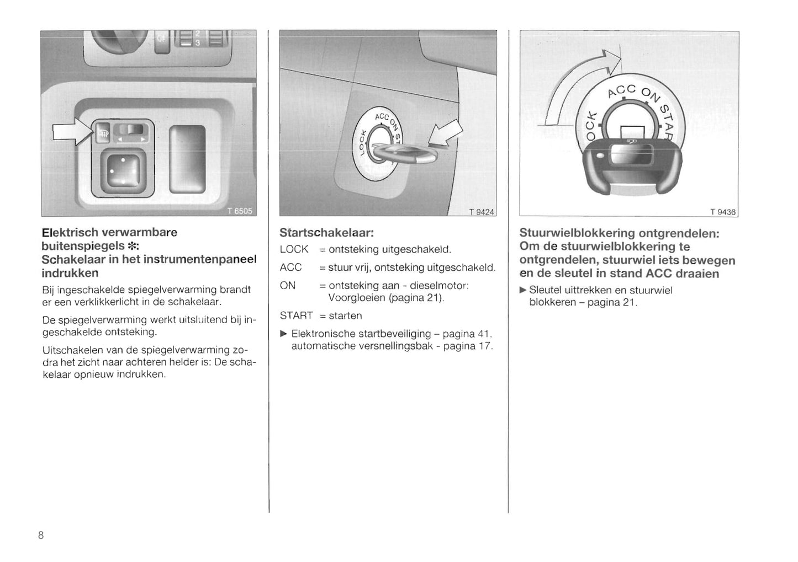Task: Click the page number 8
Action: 41,535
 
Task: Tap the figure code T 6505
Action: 240,211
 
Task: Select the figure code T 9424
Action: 482,212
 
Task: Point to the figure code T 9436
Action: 723,212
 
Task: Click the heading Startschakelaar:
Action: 327,233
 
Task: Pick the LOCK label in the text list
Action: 294,249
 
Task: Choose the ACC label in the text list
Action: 290,267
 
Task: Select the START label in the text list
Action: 296,315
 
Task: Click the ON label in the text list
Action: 288,286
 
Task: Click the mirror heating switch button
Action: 103,132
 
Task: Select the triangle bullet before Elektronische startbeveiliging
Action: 284,334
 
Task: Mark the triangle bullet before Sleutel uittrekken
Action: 523,290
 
